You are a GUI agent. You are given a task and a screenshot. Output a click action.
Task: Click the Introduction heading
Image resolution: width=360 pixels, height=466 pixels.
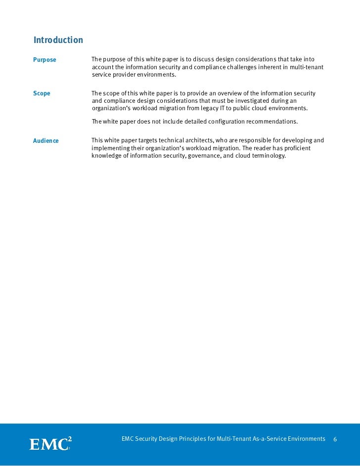point(58,40)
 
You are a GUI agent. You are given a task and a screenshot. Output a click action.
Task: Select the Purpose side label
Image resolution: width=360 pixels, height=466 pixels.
point(45,60)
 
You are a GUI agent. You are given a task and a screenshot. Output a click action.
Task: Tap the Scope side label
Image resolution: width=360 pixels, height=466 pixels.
point(42,93)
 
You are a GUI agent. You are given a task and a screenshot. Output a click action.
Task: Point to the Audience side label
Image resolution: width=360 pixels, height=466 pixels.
point(46,141)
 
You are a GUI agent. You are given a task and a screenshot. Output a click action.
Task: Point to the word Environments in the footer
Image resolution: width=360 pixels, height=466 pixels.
point(308,439)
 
